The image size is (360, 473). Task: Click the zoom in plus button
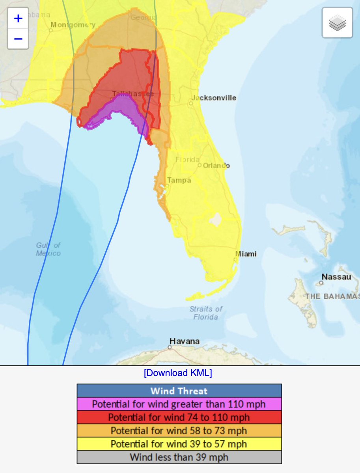[18, 18]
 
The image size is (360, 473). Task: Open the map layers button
[337, 23]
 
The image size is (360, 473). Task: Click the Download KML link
[178, 373]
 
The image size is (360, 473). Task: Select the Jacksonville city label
[214, 98]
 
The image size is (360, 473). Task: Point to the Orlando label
[216, 166]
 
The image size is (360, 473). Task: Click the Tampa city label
[179, 181]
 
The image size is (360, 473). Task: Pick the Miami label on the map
[246, 254]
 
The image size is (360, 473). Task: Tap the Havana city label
[185, 341]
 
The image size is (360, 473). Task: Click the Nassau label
[336, 277]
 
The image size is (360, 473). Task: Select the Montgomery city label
[73, 25]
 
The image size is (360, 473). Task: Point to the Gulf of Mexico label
[48, 250]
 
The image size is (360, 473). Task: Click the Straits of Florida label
[206, 313]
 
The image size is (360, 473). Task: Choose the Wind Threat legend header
[179, 391]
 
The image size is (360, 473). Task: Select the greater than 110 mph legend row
[179, 404]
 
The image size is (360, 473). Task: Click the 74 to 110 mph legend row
[179, 417]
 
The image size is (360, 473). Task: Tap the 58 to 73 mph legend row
[179, 430]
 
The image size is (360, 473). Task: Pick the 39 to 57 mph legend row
[179, 444]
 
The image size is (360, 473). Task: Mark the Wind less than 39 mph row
[179, 457]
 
